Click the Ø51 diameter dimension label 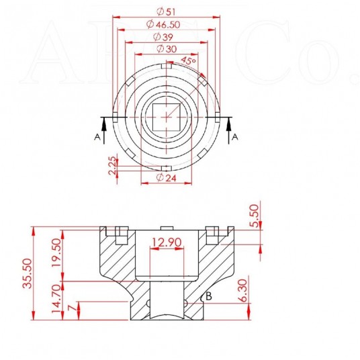[166, 11]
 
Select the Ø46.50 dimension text [163, 24]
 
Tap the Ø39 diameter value [163, 37]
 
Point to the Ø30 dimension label [167, 49]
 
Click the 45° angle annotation [188, 60]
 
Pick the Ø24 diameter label [166, 177]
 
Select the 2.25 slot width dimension [112, 165]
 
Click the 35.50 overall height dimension [27, 273]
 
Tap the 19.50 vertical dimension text [56, 253]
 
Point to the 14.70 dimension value [56, 299]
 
